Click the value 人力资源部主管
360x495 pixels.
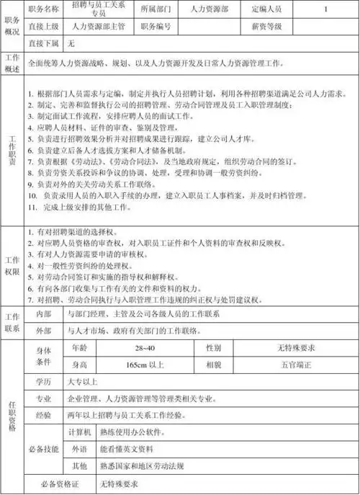pyautogui.click(x=97, y=27)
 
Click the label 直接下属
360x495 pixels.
pyautogui.click(x=42, y=43)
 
